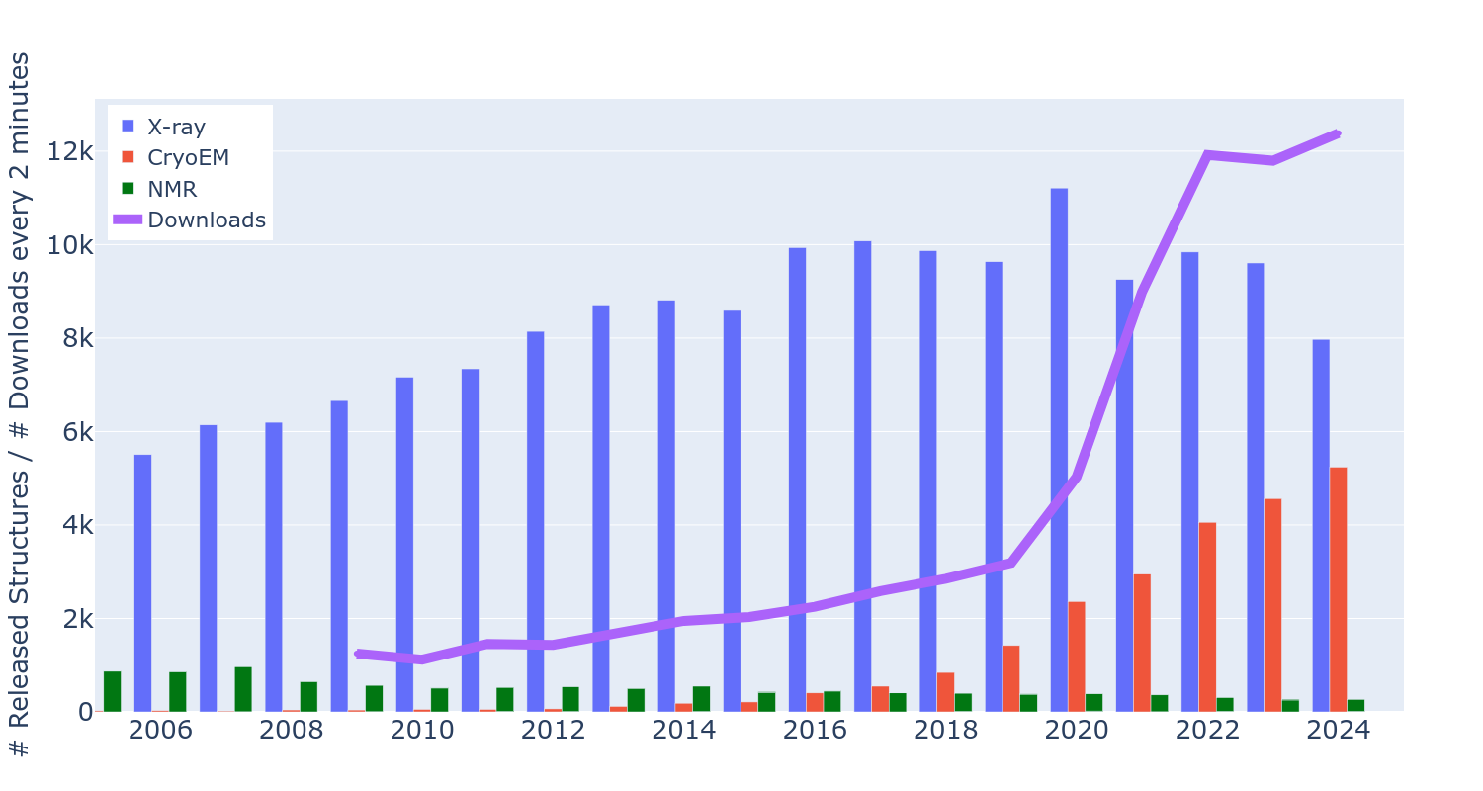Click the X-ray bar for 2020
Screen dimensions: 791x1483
point(1059,450)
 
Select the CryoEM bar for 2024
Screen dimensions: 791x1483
point(1338,589)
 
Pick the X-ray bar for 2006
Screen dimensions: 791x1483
point(142,583)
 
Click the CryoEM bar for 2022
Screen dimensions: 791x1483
point(1207,617)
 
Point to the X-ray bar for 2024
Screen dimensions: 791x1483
point(1321,525)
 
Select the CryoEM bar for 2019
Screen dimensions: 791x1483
point(1010,678)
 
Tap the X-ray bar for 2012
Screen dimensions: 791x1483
point(535,521)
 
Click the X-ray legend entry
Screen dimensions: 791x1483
point(176,127)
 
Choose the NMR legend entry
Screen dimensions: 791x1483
point(172,189)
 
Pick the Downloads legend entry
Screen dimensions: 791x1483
point(206,220)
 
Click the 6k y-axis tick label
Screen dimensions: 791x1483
point(77,432)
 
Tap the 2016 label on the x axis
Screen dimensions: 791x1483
point(815,730)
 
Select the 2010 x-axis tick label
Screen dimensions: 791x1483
point(422,730)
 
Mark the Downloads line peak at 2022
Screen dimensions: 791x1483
point(1207,154)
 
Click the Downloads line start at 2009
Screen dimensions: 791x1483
point(357,654)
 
